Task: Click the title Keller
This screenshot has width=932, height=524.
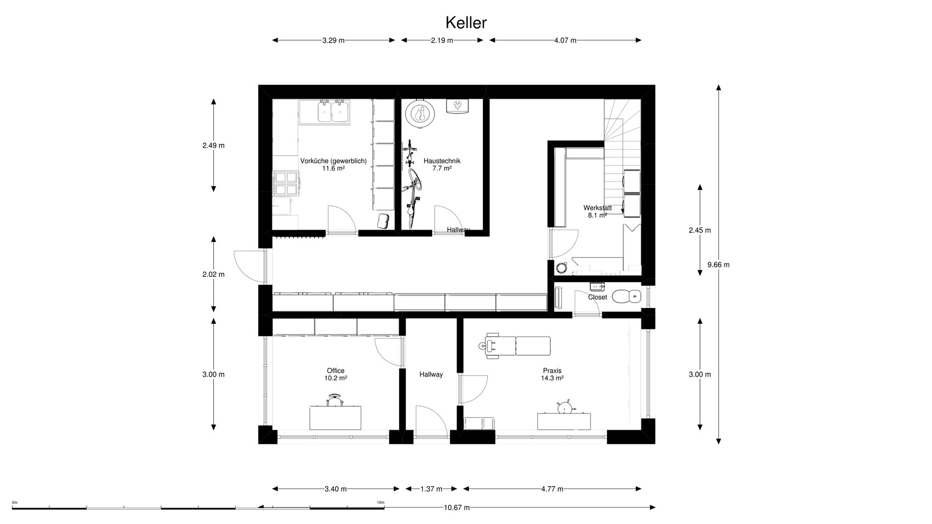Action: [466, 23]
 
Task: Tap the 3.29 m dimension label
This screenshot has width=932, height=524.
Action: [333, 41]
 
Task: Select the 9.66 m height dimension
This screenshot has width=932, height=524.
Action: [719, 265]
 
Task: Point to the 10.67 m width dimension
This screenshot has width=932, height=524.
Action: [457, 508]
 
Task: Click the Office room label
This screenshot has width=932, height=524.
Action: [336, 371]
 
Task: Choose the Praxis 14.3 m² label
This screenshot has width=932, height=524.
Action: [552, 374]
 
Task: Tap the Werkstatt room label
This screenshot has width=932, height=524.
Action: [598, 208]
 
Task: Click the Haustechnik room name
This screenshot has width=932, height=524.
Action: [442, 161]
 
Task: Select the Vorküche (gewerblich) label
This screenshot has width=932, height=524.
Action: [333, 161]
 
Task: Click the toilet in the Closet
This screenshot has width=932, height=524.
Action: [627, 297]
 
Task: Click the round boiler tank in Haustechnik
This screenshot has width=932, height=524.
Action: [420, 113]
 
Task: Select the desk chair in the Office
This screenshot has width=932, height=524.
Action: [335, 401]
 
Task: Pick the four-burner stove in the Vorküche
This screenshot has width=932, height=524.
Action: [286, 184]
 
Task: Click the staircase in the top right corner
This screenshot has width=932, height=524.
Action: [622, 157]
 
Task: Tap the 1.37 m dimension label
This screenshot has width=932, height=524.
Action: [431, 489]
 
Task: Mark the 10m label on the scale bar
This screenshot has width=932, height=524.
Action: [380, 503]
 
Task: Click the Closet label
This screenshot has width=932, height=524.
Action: [598, 297]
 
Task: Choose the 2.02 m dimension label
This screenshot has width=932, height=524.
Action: [213, 275]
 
